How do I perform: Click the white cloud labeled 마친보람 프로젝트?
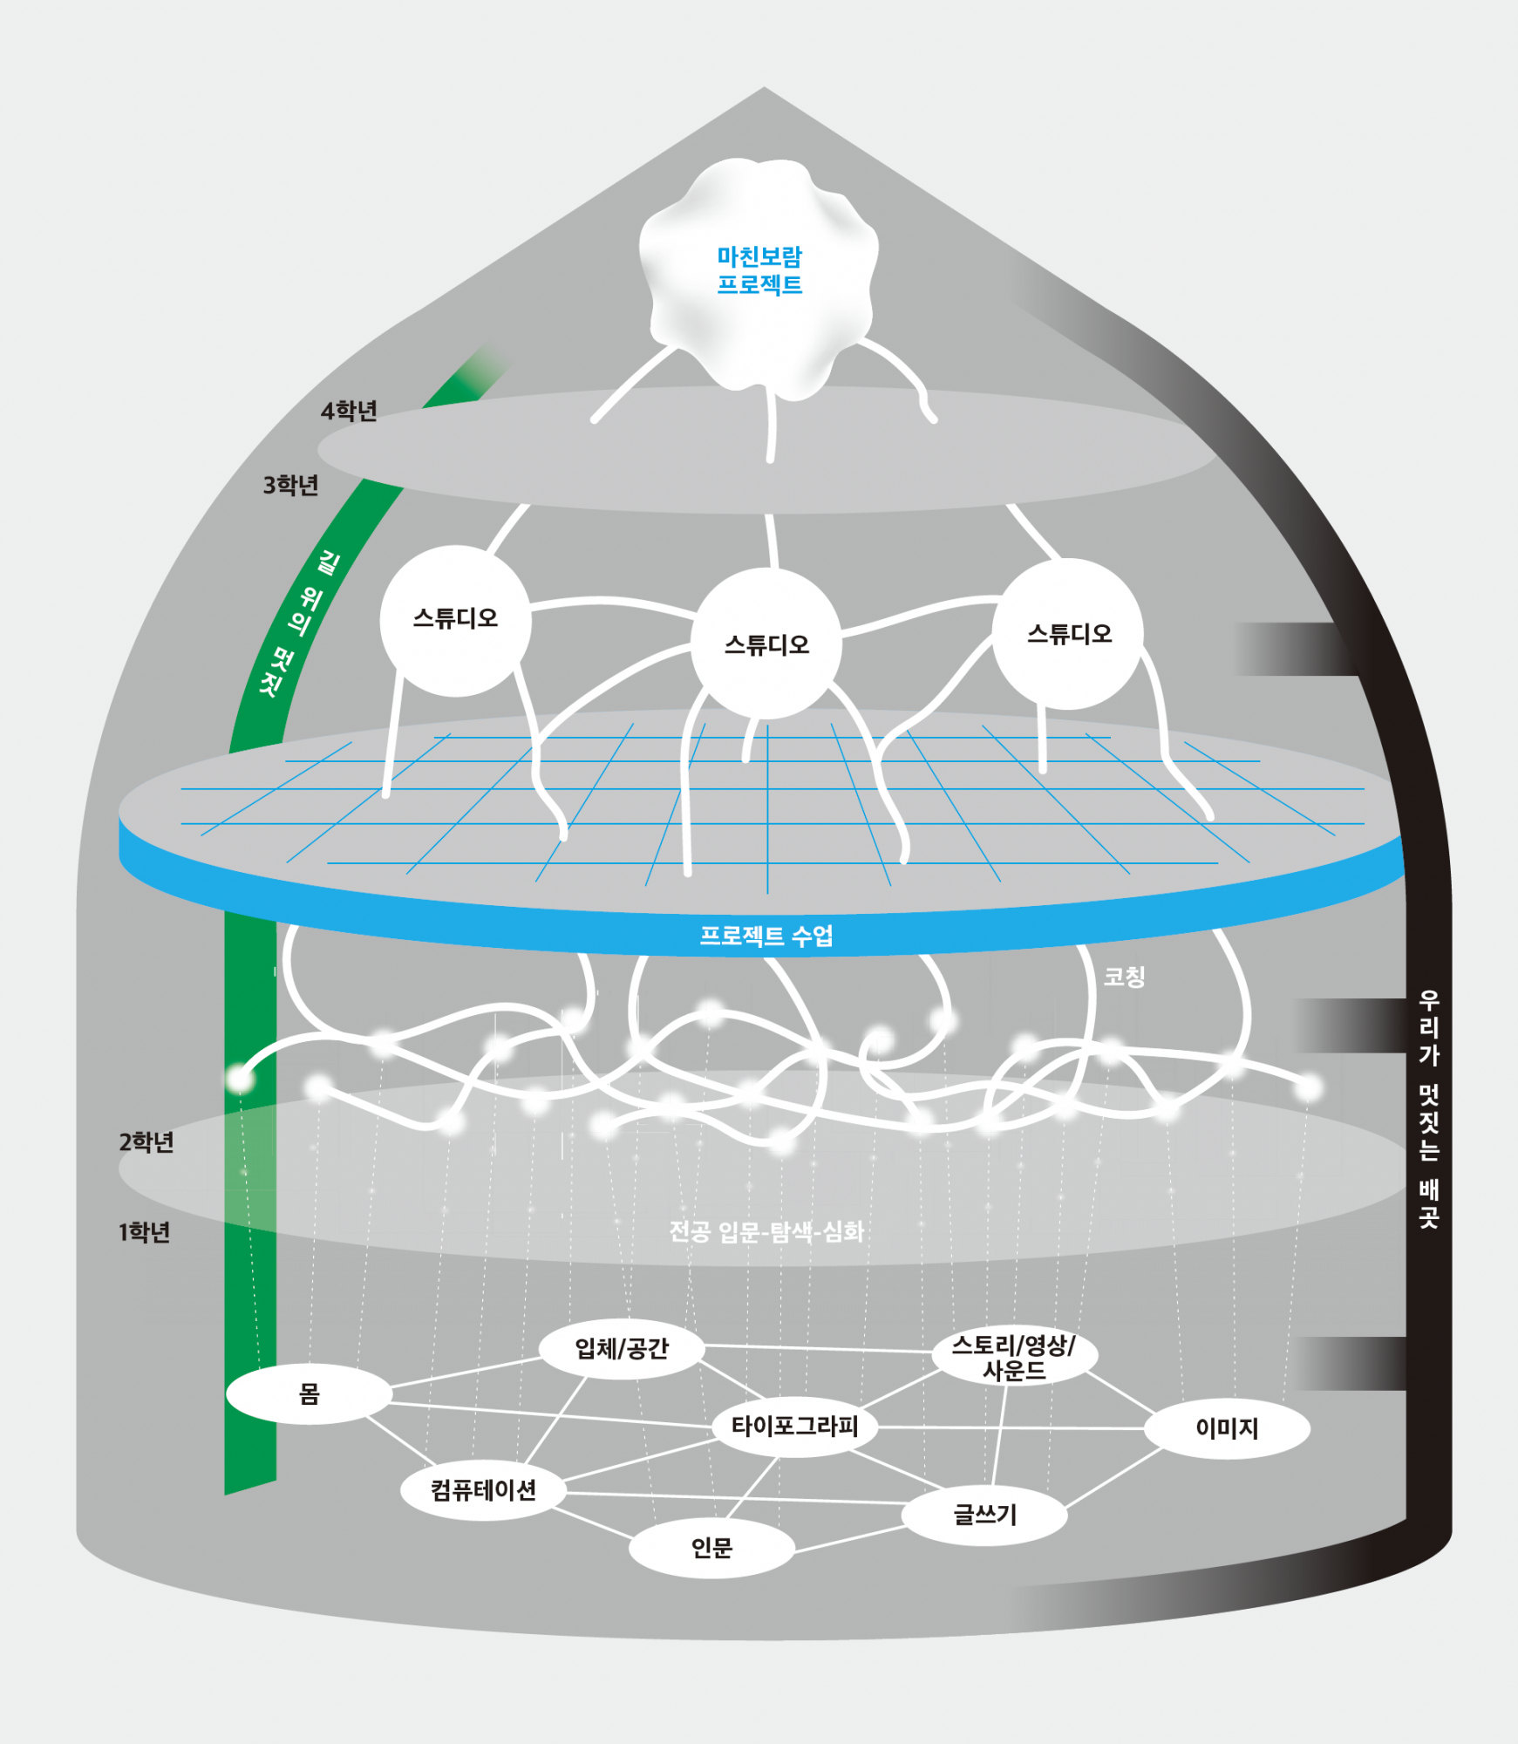point(759,270)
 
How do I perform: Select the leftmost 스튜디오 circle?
point(455,620)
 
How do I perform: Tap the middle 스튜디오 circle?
point(766,644)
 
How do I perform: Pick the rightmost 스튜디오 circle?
point(1068,634)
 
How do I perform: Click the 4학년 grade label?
point(349,411)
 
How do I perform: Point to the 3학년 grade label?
point(291,485)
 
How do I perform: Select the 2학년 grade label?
point(146,1141)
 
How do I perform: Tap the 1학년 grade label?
point(145,1232)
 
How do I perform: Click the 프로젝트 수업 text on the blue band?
point(766,936)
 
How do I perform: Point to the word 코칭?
point(1124,977)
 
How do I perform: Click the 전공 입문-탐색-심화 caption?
point(766,1231)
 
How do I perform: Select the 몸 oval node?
point(310,1394)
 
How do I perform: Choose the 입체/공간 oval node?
point(621,1349)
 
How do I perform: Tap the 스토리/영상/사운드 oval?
point(1013,1357)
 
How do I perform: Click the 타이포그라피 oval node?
point(794,1427)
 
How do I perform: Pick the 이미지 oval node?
point(1227,1428)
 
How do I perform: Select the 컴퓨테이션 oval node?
point(483,1490)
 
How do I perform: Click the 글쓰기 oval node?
point(984,1515)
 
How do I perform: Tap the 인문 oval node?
point(711,1548)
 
